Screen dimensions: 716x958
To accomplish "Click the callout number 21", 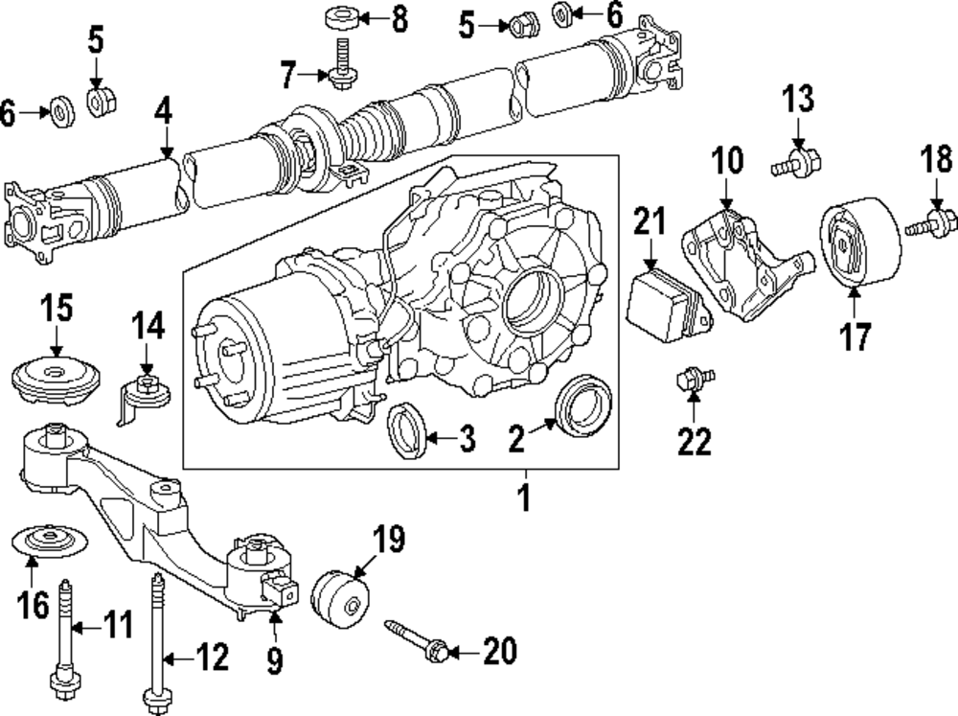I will (x=650, y=223).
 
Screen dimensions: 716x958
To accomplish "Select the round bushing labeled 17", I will (x=861, y=243).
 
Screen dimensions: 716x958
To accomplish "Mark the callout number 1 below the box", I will (x=524, y=498).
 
